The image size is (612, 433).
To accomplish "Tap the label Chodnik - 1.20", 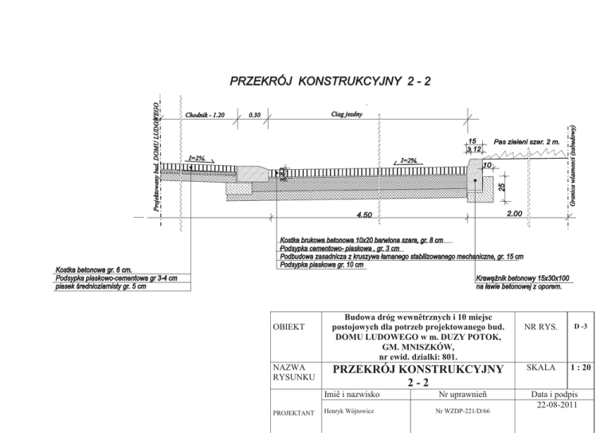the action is (x=206, y=115).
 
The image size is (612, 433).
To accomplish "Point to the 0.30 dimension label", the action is (x=256, y=115).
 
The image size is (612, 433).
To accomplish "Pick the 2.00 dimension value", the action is (x=514, y=214).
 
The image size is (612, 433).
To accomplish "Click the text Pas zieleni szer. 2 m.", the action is (x=526, y=140).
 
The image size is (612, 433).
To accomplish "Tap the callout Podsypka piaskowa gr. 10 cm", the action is (x=322, y=265).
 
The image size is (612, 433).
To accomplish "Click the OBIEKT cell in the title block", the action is (x=288, y=328).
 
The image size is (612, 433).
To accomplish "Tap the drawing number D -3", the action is (x=581, y=327).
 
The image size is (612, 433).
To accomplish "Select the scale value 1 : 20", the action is (x=581, y=368).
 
